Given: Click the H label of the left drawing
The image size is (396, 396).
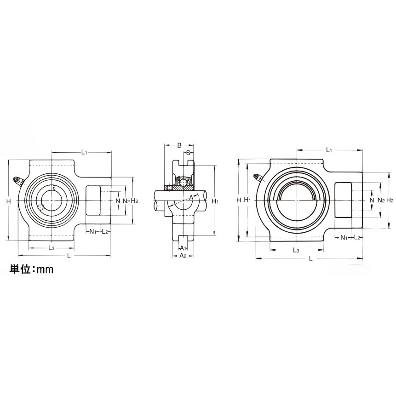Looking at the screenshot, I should tap(9, 201).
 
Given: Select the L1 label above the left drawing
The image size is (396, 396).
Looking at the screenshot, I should tap(85, 152).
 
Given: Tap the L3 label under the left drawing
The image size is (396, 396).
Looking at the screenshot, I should tap(52, 248).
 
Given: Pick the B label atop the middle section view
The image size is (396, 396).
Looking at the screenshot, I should tap(179, 145).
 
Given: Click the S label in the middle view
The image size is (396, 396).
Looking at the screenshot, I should tap(188, 153).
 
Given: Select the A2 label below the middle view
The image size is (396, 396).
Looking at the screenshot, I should tap(183, 256).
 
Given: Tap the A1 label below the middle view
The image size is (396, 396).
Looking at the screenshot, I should tap(183, 248).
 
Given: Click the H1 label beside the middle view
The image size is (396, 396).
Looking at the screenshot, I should tap(215, 201).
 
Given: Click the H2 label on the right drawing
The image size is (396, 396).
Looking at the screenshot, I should tap(390, 200).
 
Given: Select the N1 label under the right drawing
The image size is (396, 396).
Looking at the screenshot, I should tap(344, 238).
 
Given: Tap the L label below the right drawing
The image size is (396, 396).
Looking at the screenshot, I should tap(311, 259).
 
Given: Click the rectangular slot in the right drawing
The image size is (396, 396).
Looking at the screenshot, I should tap(343, 200).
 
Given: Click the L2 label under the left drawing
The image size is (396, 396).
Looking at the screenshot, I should tap(105, 231).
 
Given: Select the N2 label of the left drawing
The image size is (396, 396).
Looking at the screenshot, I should tap(126, 201).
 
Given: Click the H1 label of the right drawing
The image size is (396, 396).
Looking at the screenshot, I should tap(247, 200).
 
